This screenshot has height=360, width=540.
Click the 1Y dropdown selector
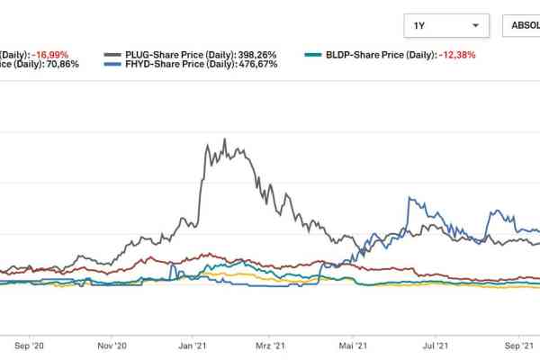pos(446,26)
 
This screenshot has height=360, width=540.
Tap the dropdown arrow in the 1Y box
pos(475,26)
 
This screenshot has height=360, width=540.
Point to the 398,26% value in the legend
pos(256,55)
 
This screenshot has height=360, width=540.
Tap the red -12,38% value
pos(457,55)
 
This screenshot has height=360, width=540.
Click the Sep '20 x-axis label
pos(30,344)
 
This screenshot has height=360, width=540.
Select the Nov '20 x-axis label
pos(111,344)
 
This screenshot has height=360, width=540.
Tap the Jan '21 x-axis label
pos(195,344)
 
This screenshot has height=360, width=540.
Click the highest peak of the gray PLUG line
pos(223,139)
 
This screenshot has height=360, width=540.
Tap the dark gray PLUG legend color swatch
pos(113,55)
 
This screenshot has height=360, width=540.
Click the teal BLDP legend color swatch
pos(314,55)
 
